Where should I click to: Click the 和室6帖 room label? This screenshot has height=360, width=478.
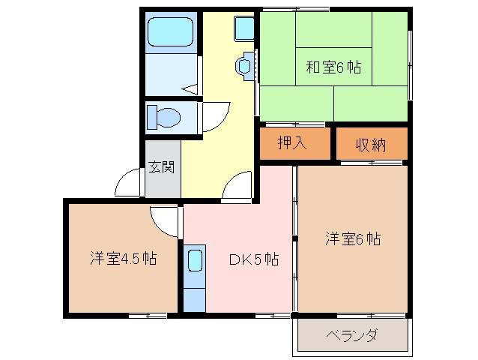tap(333, 68)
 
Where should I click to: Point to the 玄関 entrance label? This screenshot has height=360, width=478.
tap(161, 166)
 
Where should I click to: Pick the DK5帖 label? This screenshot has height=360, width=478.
tap(254, 260)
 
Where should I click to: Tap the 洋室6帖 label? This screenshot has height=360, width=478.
tap(353, 240)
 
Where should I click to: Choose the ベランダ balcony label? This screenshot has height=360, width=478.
tap(351, 334)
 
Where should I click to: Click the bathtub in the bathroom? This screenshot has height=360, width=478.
tap(171, 33)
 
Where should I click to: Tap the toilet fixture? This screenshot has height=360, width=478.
tap(165, 118)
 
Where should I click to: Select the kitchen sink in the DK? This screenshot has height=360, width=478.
tap(195, 262)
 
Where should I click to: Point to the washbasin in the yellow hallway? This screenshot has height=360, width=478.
tap(246, 66)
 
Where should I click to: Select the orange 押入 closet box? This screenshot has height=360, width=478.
tap(294, 144)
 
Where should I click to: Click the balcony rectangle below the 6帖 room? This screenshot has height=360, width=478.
tap(351, 334)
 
